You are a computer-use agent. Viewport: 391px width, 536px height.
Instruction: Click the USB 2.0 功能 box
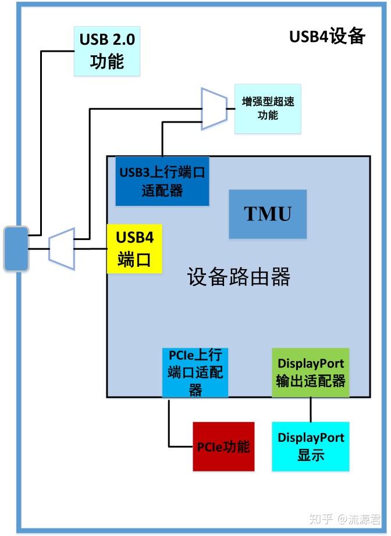pos(108,51)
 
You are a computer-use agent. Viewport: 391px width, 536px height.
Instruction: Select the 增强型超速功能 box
pos(268,108)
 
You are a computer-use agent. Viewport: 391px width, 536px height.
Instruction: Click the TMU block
pos(268,214)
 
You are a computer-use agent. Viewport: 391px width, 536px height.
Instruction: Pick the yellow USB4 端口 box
pos(134,249)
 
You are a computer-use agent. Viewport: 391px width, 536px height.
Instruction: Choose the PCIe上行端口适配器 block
pos(195,372)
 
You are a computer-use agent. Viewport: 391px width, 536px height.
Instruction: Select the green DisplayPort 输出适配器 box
pos(311,373)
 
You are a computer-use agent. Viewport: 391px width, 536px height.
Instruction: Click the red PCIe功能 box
pos(223,446)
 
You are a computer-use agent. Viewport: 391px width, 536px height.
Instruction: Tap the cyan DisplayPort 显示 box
pos(311,446)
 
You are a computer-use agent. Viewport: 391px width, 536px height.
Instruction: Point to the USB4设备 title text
pos(327,37)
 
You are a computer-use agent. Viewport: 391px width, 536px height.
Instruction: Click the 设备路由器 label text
pos(239,277)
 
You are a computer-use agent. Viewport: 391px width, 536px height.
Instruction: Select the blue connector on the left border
pos(16,249)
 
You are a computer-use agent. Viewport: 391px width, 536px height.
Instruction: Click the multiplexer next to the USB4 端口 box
pos(62,249)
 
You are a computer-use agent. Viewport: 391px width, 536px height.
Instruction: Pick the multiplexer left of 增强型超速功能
pos(213,108)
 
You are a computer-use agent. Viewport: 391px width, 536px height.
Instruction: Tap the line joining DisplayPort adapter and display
pos(311,409)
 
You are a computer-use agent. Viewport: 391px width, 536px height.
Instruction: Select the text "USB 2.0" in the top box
pos(108,40)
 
